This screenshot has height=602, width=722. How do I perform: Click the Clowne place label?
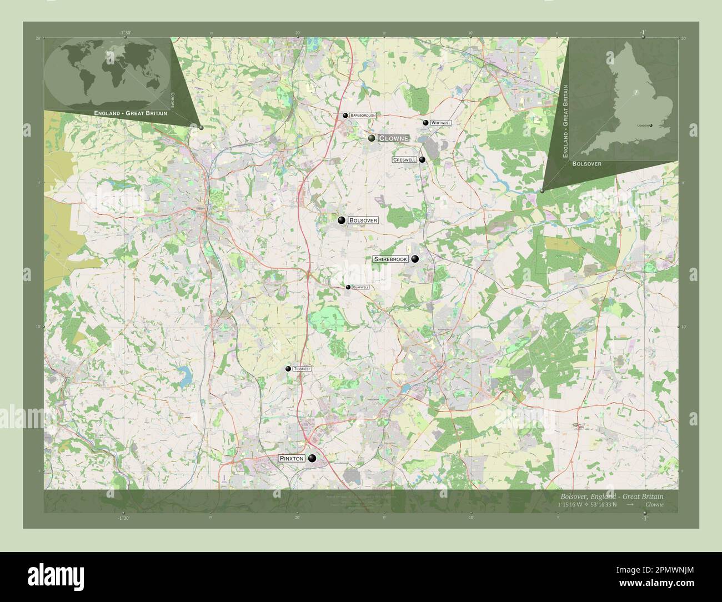[x=393, y=138]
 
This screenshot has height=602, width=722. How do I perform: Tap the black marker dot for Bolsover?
[x=342, y=220]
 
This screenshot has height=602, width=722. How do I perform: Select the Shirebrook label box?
[x=390, y=259]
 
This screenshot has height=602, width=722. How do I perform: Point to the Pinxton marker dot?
[x=313, y=458]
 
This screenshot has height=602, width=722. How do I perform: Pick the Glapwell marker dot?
[x=348, y=287]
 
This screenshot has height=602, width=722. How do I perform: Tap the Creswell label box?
[x=404, y=160]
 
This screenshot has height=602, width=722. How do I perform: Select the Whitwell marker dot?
[x=425, y=123]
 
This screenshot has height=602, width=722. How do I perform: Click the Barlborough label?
[x=363, y=116]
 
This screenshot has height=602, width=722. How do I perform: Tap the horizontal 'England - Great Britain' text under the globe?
[x=131, y=113]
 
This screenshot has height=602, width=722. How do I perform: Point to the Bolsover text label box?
[x=364, y=220]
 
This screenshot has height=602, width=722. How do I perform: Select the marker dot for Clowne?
[x=372, y=138]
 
